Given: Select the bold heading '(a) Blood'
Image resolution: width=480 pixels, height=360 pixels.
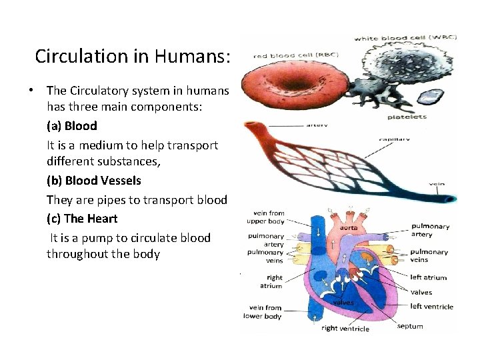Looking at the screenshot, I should pos(71,125).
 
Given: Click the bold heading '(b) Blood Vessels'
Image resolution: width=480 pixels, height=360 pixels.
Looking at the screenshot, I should pos(93,181).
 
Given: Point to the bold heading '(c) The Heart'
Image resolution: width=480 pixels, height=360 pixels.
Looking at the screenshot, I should pos(81,218).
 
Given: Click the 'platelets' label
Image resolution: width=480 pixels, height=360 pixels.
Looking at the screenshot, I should pos(407,117).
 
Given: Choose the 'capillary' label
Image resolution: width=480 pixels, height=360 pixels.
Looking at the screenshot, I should pos(394,140).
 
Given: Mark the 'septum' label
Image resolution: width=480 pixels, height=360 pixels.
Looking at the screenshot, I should pos(409,326).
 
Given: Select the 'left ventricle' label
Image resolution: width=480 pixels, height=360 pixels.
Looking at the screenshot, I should pos(431,307).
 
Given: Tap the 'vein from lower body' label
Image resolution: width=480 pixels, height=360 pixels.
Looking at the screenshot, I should pos(265,312).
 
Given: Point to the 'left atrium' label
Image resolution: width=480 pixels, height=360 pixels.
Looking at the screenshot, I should pos(429,277).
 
